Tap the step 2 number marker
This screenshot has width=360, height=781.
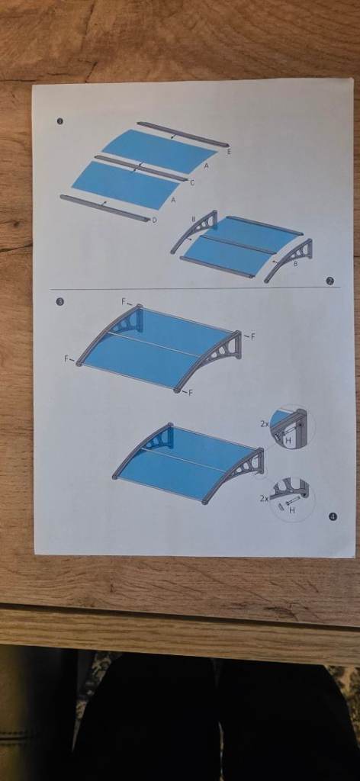click(329, 281)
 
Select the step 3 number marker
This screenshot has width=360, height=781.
click(60, 302)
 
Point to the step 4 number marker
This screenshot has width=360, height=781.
click(333, 516)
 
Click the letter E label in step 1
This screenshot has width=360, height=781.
click(229, 153)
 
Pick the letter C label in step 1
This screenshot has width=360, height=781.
click(191, 183)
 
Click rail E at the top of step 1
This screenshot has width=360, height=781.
click(182, 133)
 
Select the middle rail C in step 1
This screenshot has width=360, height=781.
click(140, 169)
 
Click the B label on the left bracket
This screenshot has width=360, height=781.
click(193, 220)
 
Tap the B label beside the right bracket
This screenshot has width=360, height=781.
click(295, 263)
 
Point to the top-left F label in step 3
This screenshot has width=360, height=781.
click(124, 302)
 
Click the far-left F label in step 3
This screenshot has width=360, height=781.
click(67, 358)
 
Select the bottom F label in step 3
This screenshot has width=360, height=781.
click(190, 393)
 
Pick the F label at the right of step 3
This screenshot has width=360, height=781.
click(252, 336)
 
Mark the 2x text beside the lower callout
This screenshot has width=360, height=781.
click(264, 497)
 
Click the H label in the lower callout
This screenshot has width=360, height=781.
click(291, 509)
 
